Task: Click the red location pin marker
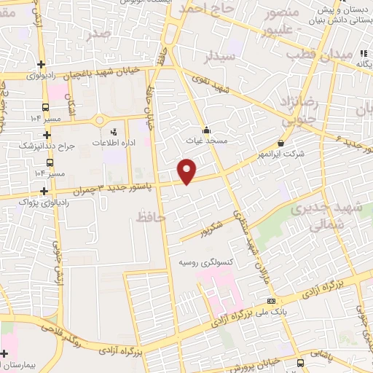[187, 171]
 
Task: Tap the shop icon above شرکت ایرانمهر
[282, 143]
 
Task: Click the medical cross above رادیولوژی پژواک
[45, 191]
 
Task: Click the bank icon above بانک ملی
[271, 301]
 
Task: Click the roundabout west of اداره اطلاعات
[101, 119]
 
